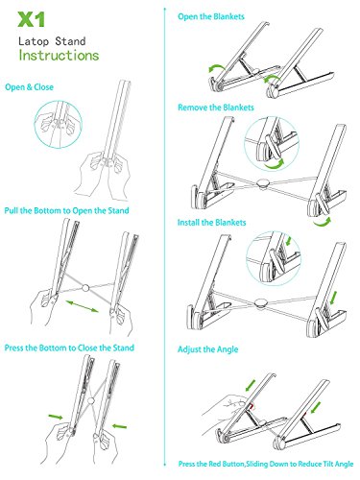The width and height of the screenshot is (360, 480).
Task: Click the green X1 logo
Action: (x=31, y=20)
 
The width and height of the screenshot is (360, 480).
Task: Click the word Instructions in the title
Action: (x=59, y=55)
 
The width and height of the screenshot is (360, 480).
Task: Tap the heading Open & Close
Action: (x=29, y=87)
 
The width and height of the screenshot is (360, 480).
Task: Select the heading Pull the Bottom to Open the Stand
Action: (x=66, y=210)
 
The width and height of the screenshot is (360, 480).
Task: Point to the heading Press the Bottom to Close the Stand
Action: (x=69, y=348)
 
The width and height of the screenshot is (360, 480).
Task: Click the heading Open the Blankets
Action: (x=211, y=16)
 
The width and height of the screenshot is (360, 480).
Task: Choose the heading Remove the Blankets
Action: (x=216, y=108)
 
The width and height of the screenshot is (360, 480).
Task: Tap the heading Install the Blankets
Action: (x=211, y=223)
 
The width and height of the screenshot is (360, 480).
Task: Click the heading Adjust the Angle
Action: (x=208, y=349)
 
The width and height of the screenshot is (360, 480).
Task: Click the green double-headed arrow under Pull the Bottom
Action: (x=83, y=306)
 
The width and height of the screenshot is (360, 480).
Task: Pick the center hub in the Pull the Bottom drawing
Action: (x=85, y=288)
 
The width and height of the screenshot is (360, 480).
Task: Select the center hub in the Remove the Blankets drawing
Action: (x=263, y=184)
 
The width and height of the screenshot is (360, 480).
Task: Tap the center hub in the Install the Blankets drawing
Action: (x=261, y=303)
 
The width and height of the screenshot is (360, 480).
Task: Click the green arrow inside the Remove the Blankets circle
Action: (x=275, y=164)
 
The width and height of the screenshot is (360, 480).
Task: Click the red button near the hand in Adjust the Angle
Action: (x=252, y=406)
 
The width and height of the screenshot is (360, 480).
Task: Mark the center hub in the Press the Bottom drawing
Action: (x=91, y=400)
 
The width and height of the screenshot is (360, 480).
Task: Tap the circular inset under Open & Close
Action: (x=59, y=124)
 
